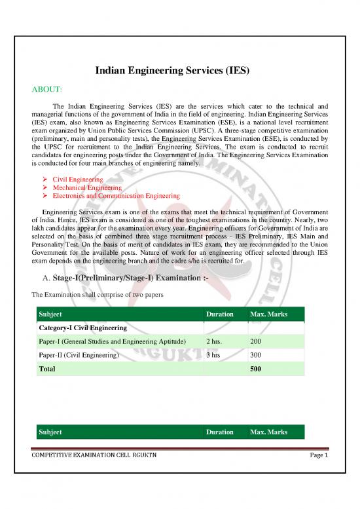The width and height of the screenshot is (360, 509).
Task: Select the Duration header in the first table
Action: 219,314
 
